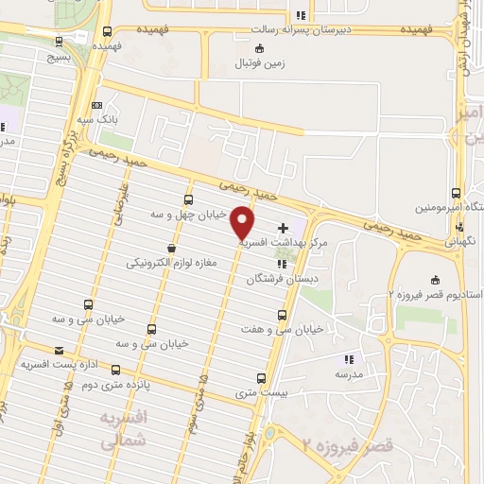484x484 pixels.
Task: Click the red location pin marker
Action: point(243,222)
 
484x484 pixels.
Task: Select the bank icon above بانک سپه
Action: point(96,105)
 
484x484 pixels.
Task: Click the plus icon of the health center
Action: point(284,228)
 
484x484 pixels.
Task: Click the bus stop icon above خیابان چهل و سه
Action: point(189,199)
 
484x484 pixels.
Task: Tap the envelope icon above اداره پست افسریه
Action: point(60,349)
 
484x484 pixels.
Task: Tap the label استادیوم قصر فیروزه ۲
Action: point(436,295)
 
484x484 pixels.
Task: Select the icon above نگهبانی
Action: point(458,227)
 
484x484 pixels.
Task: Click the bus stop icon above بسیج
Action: point(60,41)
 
